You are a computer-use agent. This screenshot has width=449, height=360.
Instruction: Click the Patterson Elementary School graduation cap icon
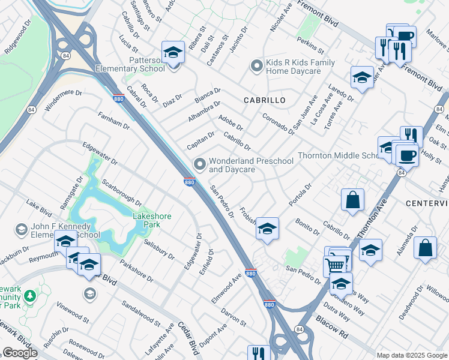173,52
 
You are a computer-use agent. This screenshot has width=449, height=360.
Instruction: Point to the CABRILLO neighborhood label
264,100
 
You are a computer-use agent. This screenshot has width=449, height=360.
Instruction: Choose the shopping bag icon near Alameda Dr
425,248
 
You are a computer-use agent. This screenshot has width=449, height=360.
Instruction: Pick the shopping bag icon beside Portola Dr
353,199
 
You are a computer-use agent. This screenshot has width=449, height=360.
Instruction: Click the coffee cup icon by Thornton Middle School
406,155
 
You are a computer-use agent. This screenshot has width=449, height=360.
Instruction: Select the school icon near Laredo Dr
362,77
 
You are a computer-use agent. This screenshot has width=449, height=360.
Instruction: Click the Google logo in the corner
20,353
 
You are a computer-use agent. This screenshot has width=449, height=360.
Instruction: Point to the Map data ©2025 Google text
412,355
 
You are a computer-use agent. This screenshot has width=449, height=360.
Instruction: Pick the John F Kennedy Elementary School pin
22,230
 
